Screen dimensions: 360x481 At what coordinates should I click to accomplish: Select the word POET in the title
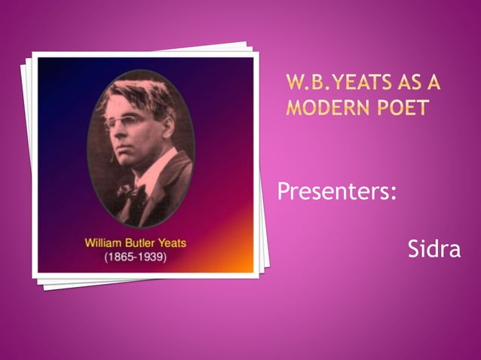(406, 107)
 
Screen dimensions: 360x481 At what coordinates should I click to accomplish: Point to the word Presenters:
(337, 192)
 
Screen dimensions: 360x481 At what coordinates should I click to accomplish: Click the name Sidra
(434, 249)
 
